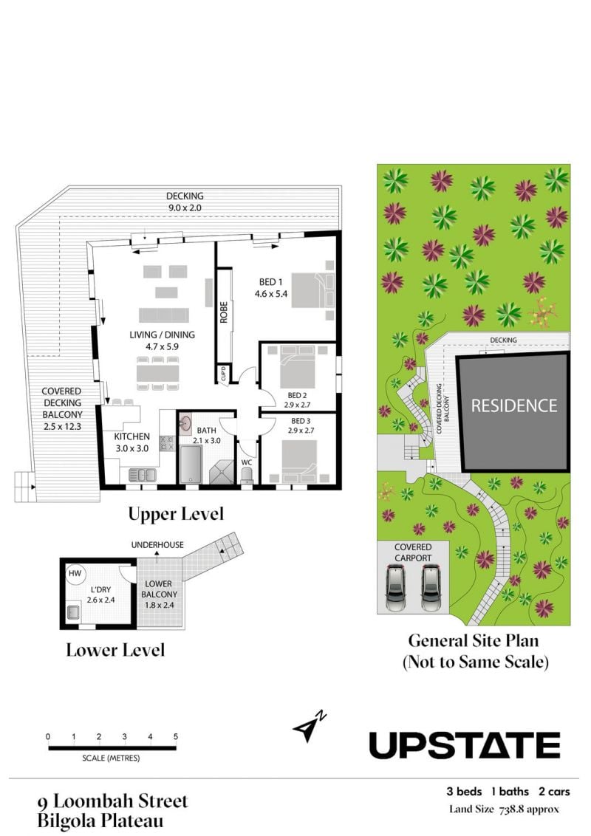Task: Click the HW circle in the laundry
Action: [75, 574]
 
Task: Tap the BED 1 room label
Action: [271, 282]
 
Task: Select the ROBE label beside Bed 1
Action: [224, 312]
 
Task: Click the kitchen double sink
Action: [143, 474]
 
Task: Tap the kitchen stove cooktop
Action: [168, 443]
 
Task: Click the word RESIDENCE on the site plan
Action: [514, 405]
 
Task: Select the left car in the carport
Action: [396, 589]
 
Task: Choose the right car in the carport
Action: [431, 589]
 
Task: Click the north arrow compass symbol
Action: [310, 726]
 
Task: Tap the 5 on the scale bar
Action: [176, 736]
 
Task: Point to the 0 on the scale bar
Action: [48, 736]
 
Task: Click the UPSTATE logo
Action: [465, 745]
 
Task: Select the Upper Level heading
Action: [176, 514]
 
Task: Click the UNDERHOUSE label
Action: [157, 545]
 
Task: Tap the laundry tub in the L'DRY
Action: [74, 612]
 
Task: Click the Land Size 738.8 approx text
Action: [504, 809]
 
